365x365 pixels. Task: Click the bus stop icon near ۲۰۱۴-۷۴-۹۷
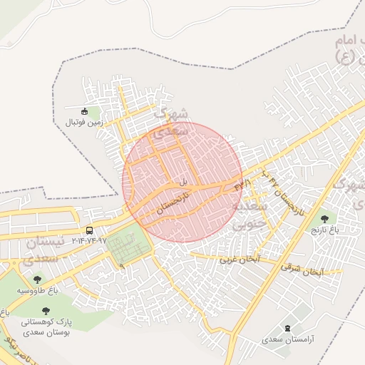89,230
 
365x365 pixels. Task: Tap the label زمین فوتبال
84,123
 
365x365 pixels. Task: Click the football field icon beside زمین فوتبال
84,111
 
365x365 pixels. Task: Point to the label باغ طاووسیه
33,291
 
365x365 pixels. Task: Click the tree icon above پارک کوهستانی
46,311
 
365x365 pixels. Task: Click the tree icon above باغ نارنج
326,218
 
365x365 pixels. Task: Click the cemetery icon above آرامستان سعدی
287,328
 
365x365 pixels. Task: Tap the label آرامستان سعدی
286,340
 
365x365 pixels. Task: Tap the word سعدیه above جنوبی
250,205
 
